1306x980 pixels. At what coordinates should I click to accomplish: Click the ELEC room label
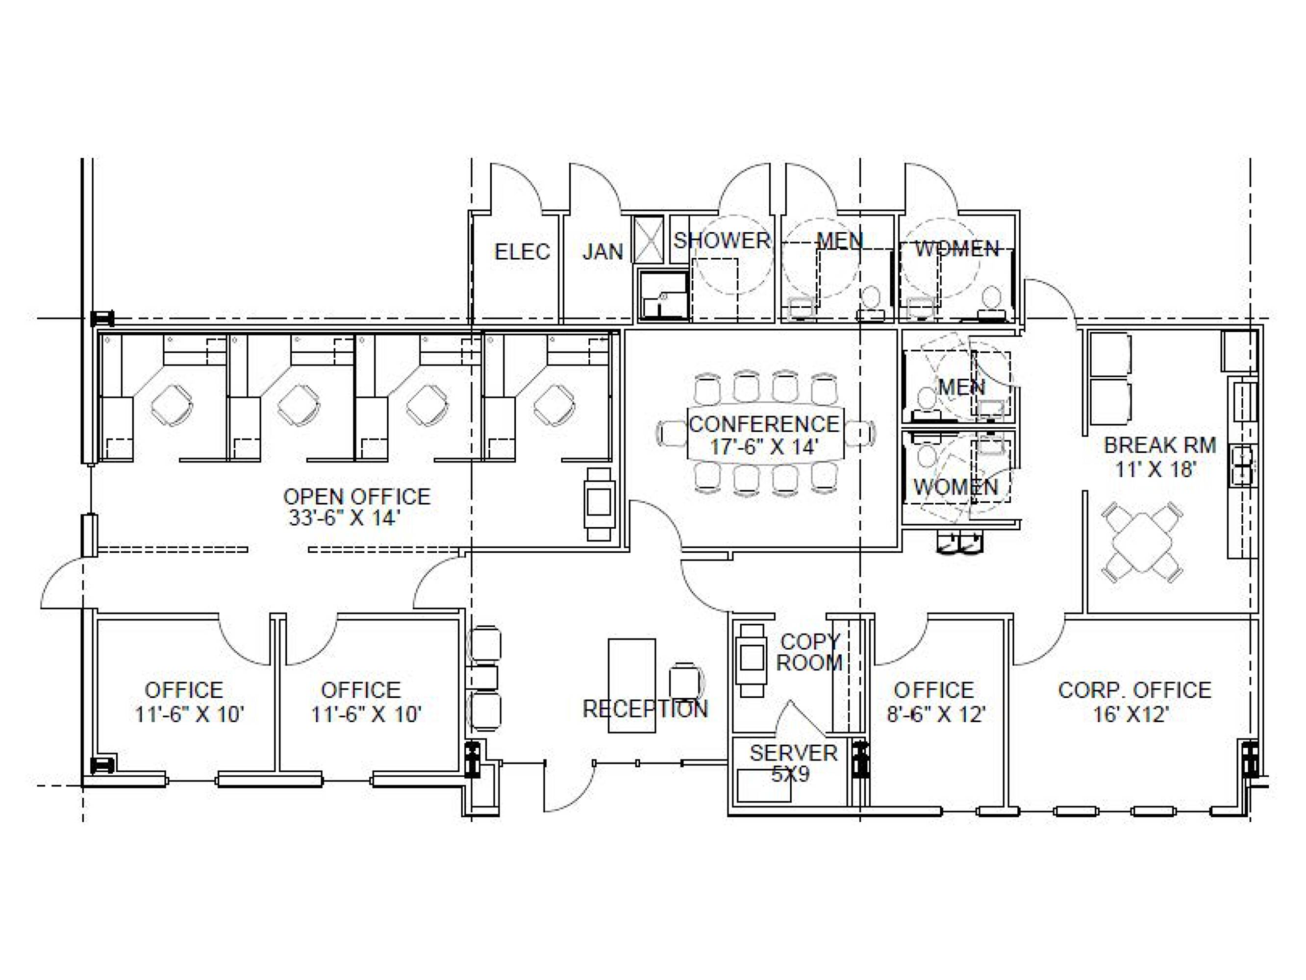click(522, 252)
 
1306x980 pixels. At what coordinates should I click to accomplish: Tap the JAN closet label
click(603, 252)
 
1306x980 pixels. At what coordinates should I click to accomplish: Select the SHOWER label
click(722, 240)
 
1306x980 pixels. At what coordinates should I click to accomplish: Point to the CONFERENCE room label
click(764, 424)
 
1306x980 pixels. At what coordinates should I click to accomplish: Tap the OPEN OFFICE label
click(356, 496)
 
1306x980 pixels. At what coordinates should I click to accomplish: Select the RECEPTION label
click(645, 709)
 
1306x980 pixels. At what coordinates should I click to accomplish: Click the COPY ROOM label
click(809, 652)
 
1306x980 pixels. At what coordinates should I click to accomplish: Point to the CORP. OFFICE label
click(1134, 690)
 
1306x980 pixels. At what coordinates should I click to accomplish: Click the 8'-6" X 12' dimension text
click(936, 714)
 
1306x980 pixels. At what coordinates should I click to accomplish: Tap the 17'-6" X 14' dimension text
click(763, 446)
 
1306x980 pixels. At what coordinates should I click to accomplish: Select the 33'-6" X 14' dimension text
click(344, 518)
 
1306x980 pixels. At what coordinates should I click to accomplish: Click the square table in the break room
click(1142, 543)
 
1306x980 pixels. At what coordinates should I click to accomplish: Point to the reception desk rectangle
click(632, 686)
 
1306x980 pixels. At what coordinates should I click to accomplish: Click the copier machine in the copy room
click(752, 660)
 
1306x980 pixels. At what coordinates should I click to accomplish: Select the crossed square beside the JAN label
click(648, 240)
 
